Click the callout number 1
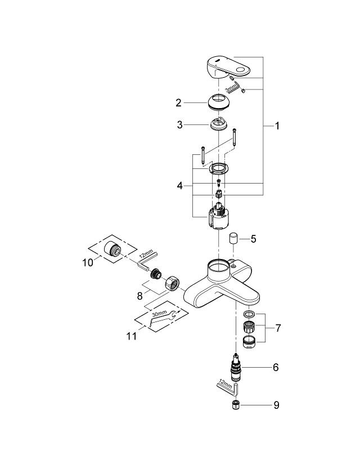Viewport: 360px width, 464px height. tap(277, 126)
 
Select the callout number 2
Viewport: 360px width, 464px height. tap(178, 102)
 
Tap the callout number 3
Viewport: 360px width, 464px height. tap(180, 125)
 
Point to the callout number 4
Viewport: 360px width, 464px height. tap(179, 185)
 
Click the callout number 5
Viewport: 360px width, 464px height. tap(253, 239)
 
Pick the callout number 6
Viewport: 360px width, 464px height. tap(275, 367)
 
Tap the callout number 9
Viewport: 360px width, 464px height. tap(275, 405)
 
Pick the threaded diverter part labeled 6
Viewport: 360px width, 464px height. tap(237, 369)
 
